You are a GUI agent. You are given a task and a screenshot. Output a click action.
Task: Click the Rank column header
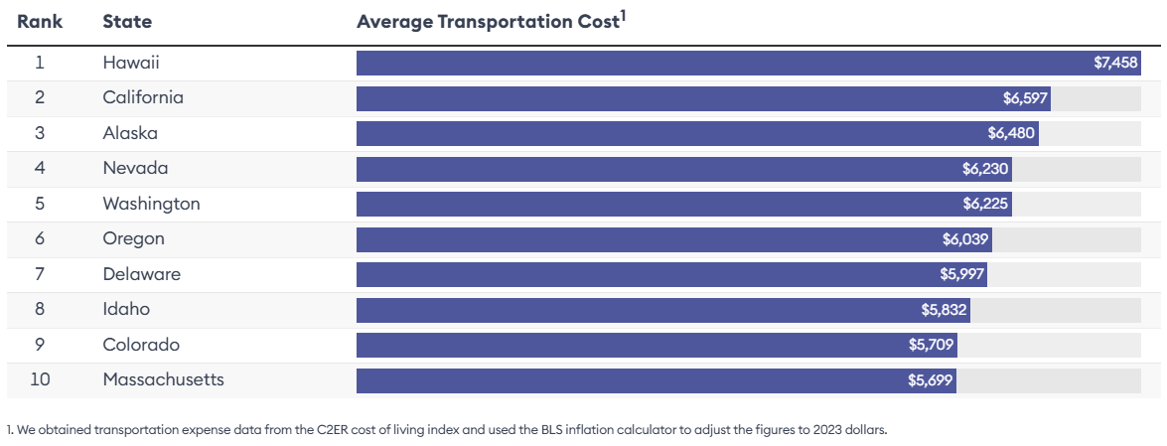click(x=40, y=22)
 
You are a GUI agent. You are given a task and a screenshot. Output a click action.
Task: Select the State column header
click(x=126, y=22)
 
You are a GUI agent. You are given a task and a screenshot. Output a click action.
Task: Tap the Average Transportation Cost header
click(x=488, y=22)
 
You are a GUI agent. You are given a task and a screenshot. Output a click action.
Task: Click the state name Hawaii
click(x=131, y=63)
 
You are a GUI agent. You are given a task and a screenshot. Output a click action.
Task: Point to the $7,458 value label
click(x=1115, y=63)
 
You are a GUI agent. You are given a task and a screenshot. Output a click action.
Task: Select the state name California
click(x=143, y=97)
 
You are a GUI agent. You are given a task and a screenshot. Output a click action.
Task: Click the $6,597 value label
click(x=1025, y=98)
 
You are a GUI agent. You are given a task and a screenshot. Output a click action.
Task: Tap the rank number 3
click(x=40, y=133)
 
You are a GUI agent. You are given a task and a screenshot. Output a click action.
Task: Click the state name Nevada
click(x=135, y=168)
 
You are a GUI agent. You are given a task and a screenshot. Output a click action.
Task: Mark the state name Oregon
click(x=133, y=238)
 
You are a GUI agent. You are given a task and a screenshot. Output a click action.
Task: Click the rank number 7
click(x=40, y=274)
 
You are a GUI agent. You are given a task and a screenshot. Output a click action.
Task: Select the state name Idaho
click(x=126, y=309)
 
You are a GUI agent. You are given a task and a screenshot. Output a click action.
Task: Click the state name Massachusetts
click(x=163, y=379)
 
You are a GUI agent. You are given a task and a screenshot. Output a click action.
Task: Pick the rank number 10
click(x=40, y=379)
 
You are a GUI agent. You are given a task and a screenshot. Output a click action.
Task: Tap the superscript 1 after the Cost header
click(x=622, y=15)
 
